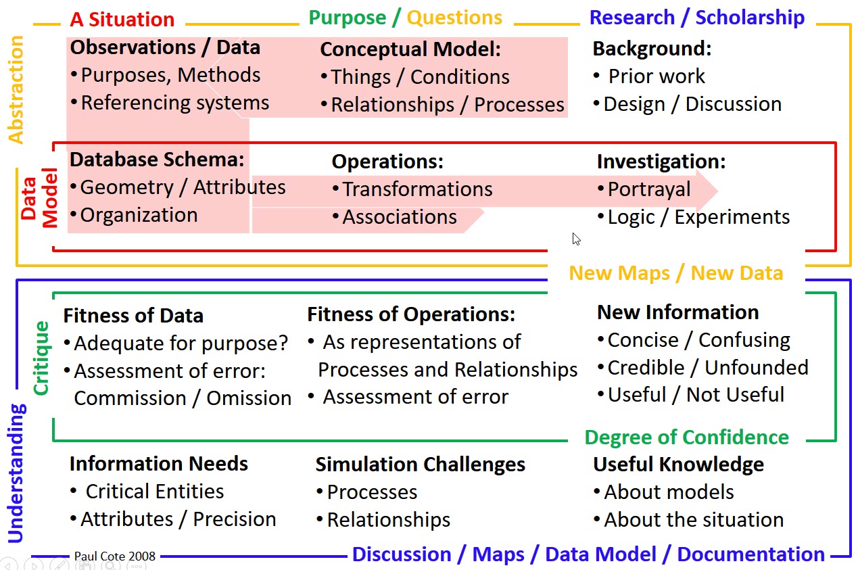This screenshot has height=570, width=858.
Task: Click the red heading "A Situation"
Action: [x=122, y=19]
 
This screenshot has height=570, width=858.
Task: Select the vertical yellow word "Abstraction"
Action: [x=16, y=90]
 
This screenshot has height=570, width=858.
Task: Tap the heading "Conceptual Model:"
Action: [x=410, y=49]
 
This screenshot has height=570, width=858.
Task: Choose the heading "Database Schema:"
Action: [x=157, y=160]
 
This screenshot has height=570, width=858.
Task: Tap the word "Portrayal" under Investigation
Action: [x=649, y=189]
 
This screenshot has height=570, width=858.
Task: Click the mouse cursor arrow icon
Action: [x=577, y=239]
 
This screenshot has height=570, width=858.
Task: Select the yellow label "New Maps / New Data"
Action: [x=676, y=273]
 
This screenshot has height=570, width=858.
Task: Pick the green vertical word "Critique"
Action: [x=41, y=358]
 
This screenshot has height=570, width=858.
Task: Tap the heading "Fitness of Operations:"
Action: [x=411, y=314]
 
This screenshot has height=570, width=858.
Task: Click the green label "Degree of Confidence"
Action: [x=687, y=437]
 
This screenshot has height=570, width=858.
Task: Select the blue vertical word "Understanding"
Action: [x=16, y=473]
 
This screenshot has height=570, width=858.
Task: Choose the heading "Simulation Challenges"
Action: [x=420, y=465]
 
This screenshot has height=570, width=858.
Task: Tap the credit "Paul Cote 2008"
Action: [x=115, y=556]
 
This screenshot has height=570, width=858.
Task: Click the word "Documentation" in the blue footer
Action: [x=750, y=554]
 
